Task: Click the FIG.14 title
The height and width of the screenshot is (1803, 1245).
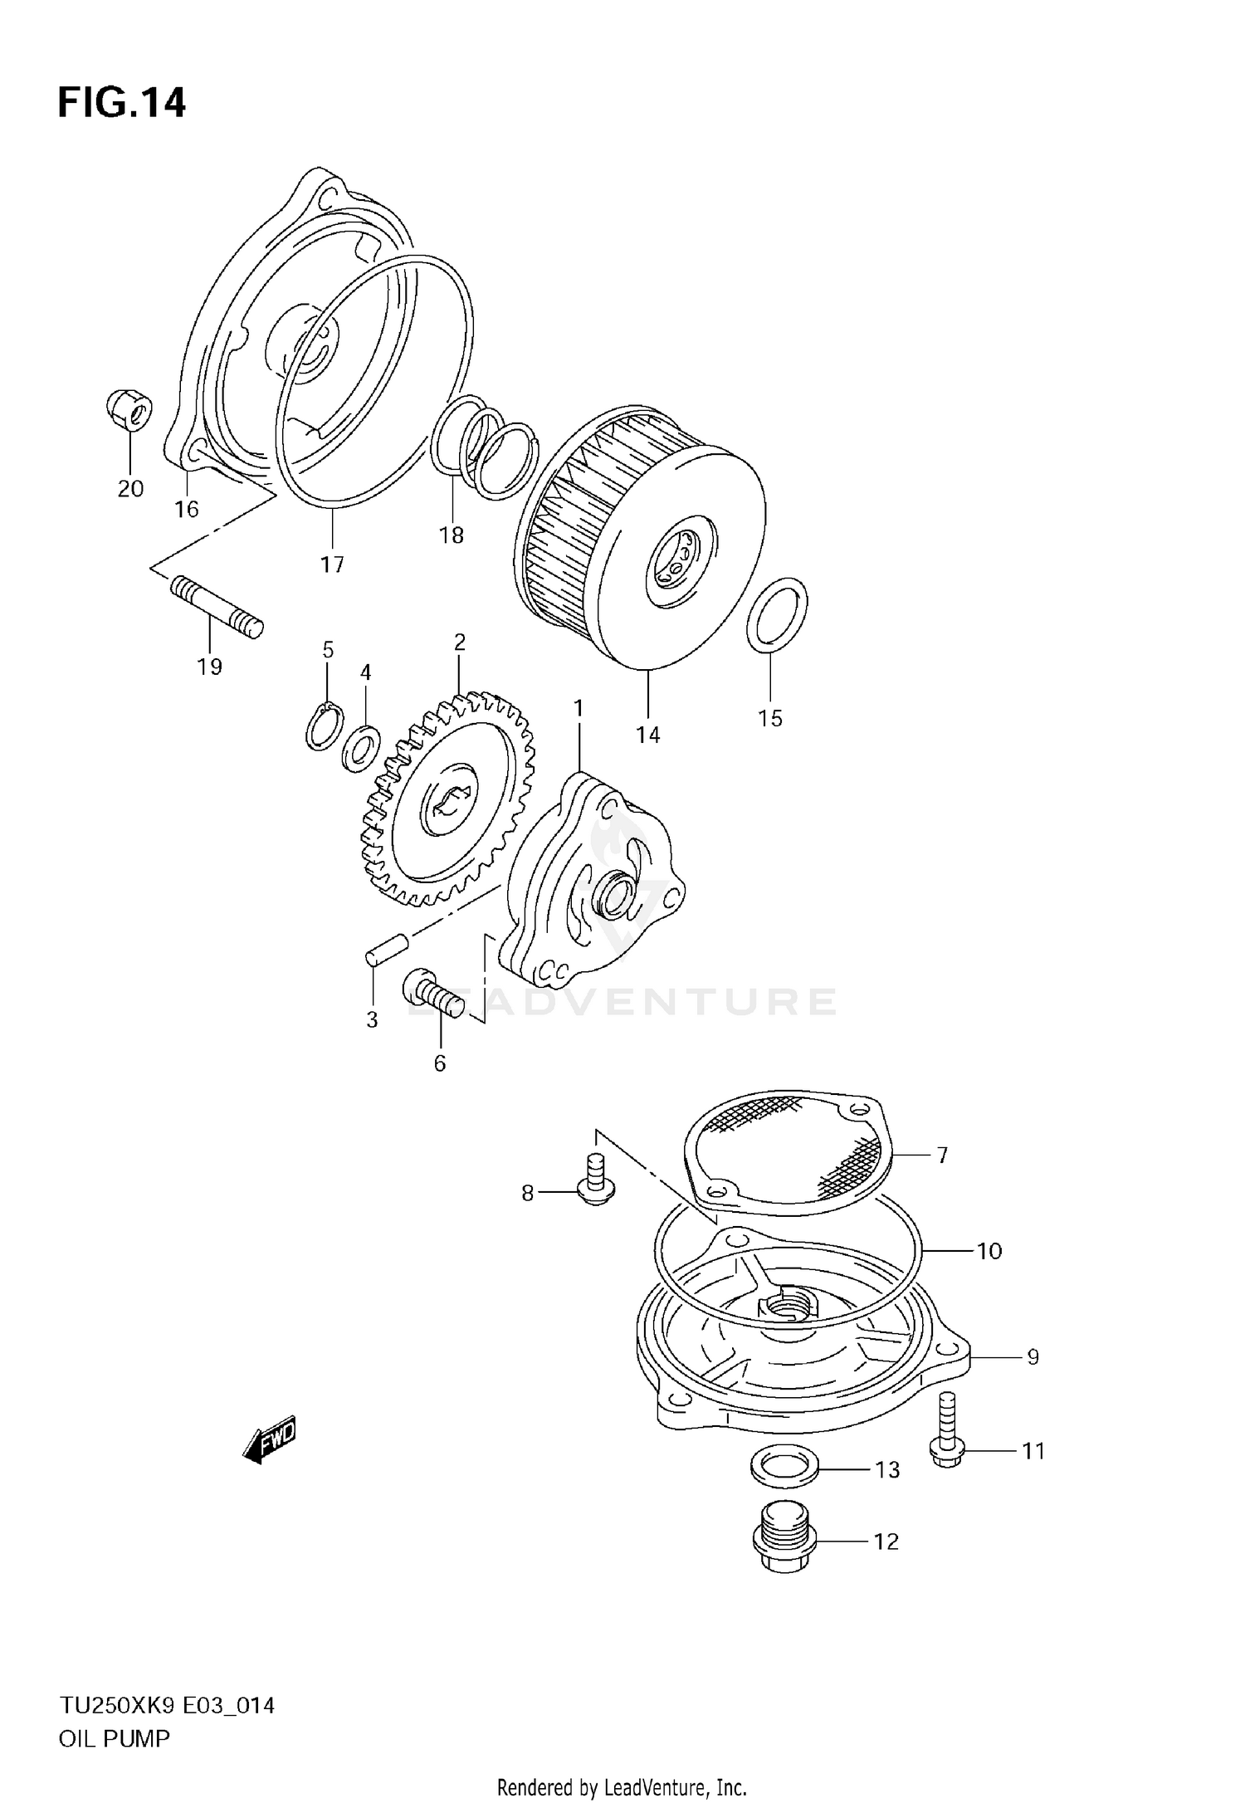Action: click(122, 104)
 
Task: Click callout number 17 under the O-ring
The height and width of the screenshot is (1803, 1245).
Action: click(332, 565)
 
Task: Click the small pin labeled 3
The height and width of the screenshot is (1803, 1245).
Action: click(386, 948)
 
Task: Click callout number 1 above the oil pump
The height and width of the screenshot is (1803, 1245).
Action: click(579, 708)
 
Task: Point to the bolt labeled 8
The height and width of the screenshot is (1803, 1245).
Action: click(594, 1183)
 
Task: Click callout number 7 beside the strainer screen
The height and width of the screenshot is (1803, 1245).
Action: click(942, 1155)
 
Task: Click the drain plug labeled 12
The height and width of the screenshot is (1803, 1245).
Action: click(784, 1541)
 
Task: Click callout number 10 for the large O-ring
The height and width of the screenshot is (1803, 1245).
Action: click(989, 1251)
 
